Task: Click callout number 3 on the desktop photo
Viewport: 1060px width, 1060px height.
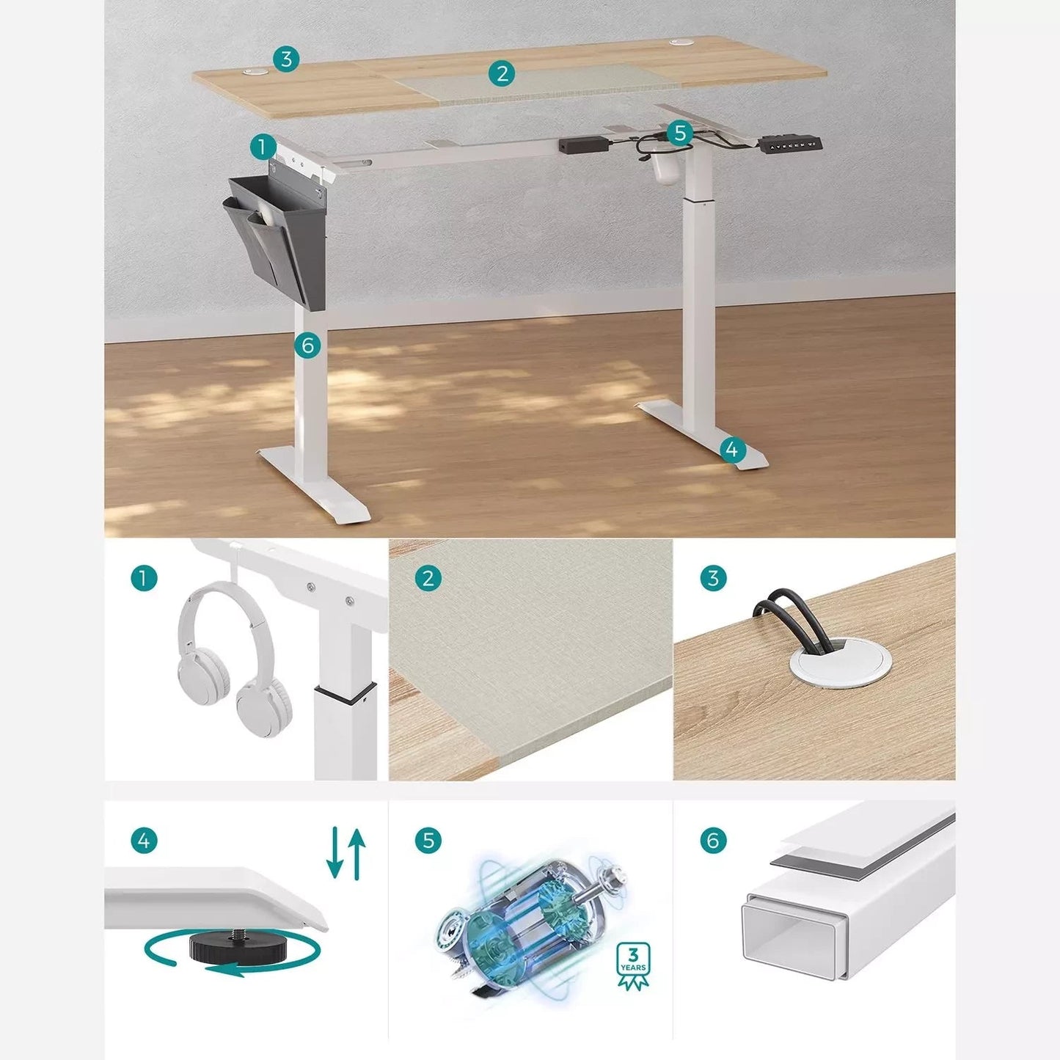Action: pyautogui.click(x=286, y=59)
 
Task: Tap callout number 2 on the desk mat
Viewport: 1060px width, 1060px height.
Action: pyautogui.click(x=502, y=73)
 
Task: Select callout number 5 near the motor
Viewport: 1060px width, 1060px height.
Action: pyautogui.click(x=680, y=133)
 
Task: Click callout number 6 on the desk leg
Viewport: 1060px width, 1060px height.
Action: pyautogui.click(x=307, y=345)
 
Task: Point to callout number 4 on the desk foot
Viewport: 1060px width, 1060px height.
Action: pyautogui.click(x=732, y=449)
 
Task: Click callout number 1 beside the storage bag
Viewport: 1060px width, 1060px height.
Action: pyautogui.click(x=262, y=147)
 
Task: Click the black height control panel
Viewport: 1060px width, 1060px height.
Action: pyautogui.click(x=792, y=145)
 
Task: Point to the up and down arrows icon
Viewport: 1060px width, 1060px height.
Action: pyautogui.click(x=346, y=853)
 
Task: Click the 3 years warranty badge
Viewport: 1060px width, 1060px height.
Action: pyautogui.click(x=632, y=966)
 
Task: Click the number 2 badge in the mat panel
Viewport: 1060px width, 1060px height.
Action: pyautogui.click(x=428, y=578)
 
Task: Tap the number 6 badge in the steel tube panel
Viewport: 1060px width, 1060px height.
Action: pyautogui.click(x=712, y=840)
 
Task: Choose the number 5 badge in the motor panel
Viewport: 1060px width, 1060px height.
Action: pyautogui.click(x=428, y=840)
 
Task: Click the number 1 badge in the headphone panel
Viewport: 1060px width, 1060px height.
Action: pyautogui.click(x=144, y=578)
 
